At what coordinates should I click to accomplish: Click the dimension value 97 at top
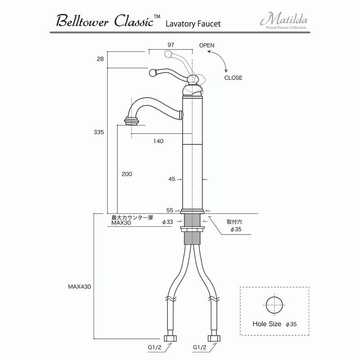[x=171, y=45]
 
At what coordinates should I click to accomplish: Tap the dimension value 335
[x=99, y=132]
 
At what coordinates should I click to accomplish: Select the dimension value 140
[x=158, y=141]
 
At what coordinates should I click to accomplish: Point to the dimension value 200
[x=127, y=174]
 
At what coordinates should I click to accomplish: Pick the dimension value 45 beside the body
[x=172, y=179]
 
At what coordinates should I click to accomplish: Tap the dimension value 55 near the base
[x=170, y=210]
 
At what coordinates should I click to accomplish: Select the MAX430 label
[x=80, y=286]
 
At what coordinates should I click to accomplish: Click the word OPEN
[x=207, y=45]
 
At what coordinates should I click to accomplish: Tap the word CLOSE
[x=233, y=78]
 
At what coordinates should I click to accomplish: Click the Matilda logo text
[x=283, y=20]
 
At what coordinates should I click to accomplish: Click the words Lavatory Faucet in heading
[x=193, y=23]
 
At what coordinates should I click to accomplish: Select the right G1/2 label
[x=200, y=347]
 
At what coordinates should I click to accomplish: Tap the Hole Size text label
[x=267, y=324]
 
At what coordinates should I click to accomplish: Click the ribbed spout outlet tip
[x=131, y=121]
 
